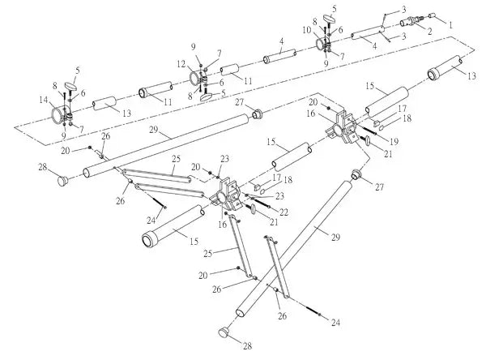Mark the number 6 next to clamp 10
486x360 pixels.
click(x=339, y=30)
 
